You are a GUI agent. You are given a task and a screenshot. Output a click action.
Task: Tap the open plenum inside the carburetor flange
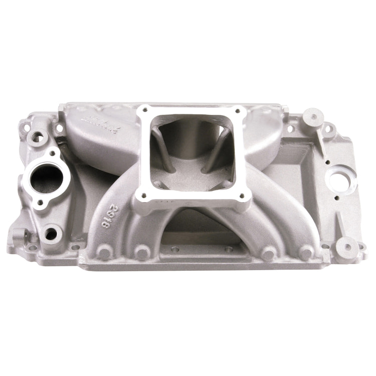click(193, 150)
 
